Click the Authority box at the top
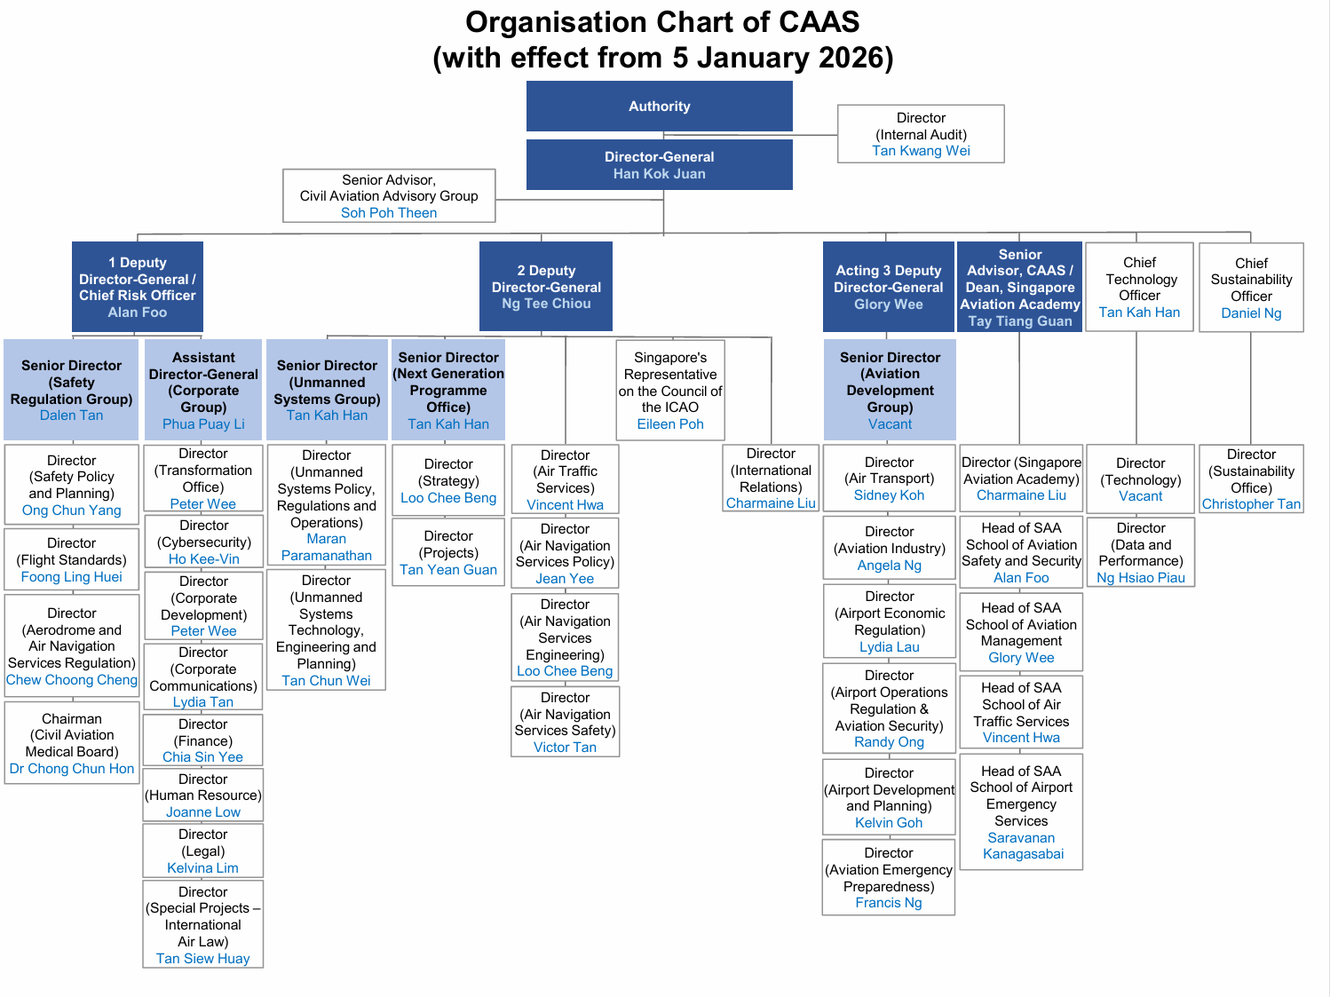coord(659,107)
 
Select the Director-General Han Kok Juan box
coord(659,165)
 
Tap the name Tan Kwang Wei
coord(921,151)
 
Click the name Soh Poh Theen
coord(389,213)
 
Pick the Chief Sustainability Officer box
coord(1251,287)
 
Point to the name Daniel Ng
coord(1251,313)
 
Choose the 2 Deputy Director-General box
coord(546,287)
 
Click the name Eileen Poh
coord(670,424)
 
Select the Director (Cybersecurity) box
coord(203,542)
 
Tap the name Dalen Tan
coord(71,415)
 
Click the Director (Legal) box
coord(203,851)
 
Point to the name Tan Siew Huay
coord(203,959)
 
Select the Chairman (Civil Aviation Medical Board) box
coord(72,743)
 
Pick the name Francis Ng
coord(889,903)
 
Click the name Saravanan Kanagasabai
coord(1022,846)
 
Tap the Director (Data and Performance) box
coord(1141,552)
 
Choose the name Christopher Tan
coord(1251,504)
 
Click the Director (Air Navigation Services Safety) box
coord(565,722)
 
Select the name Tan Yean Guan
coord(448,570)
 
